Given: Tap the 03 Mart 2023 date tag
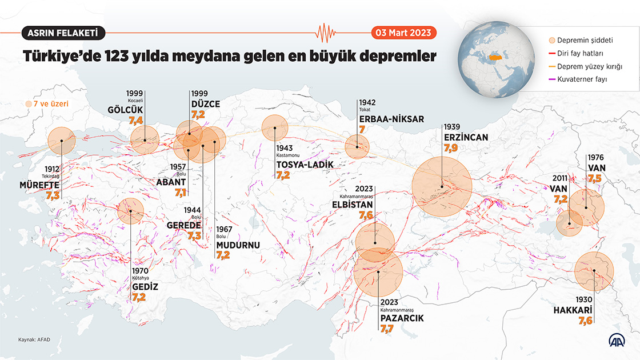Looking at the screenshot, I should pos(403,33).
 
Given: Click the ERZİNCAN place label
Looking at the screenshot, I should pos(465,137).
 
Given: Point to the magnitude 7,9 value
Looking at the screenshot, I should pos(450,148).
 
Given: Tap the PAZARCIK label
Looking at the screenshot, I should pos(402,318).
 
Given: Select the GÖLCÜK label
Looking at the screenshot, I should pos(125,110).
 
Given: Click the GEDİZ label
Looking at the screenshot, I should pos(145,287).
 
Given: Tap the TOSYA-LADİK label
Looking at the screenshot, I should pos(304,165).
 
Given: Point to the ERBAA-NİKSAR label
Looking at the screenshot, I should pos(391,119).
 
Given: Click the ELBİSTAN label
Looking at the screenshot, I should pos(352,205).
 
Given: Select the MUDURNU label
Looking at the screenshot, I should pos(238,245).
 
